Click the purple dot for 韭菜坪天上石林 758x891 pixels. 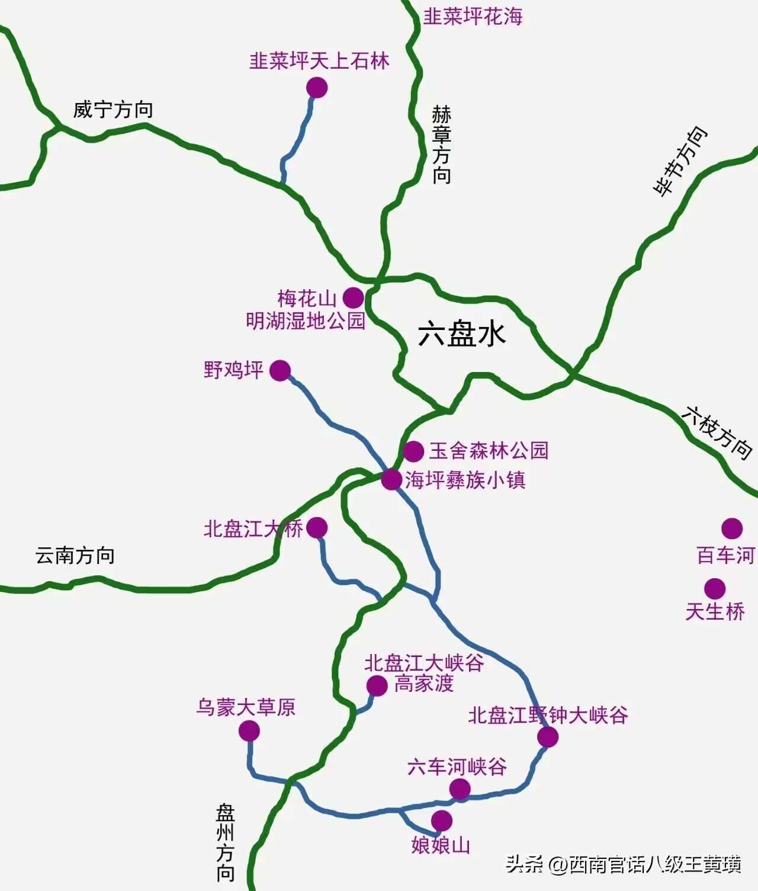(317, 88)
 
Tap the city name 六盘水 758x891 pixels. (462, 334)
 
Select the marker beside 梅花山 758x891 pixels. (353, 297)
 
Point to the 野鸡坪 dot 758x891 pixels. (280, 371)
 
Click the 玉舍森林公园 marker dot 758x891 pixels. (413, 451)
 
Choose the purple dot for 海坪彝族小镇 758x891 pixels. (391, 479)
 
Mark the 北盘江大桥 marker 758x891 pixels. (317, 527)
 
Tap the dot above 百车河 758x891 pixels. (732, 528)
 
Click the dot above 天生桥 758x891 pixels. (715, 588)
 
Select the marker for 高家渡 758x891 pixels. (377, 685)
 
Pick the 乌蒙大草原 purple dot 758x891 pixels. (249, 732)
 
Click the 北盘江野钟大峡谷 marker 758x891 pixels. (548, 737)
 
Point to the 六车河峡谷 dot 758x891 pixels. (460, 789)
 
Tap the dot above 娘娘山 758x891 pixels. (441, 821)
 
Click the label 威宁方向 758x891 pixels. (113, 110)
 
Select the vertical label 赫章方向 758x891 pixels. (441, 145)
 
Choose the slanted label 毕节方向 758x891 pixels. (680, 161)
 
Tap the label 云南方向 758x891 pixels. (75, 556)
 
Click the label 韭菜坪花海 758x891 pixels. (473, 17)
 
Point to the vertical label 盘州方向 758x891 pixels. (226, 842)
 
